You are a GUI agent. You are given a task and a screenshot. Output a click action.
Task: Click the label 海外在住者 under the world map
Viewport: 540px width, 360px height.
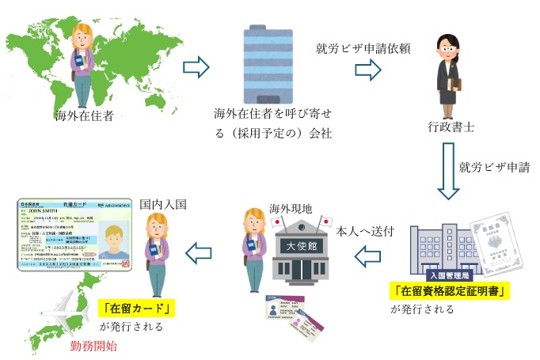coord(84,117)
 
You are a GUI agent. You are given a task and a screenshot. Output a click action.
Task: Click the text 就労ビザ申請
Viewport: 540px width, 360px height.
coord(492,167)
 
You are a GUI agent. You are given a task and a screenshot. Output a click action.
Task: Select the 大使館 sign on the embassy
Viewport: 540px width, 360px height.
coord(299,246)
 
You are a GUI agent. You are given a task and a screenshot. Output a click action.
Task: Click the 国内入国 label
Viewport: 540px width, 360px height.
coord(162,203)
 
